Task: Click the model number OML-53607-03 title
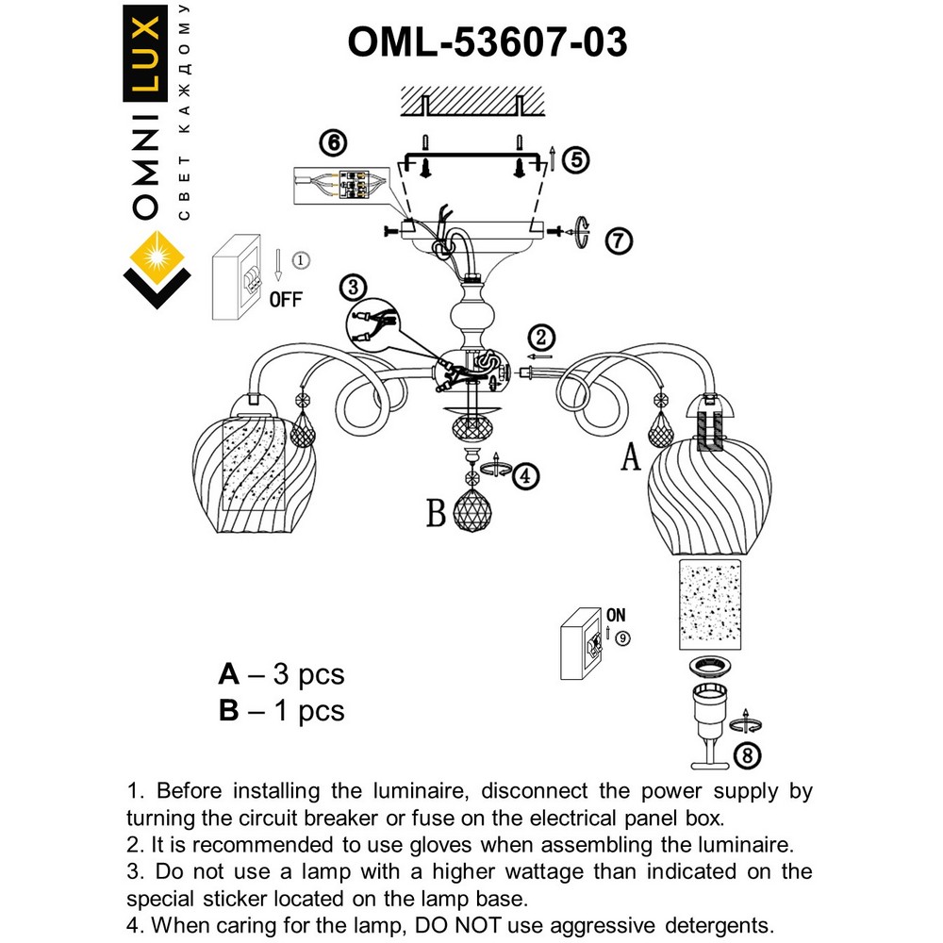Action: pos(487,41)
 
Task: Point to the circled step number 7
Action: pos(616,241)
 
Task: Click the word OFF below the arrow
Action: pos(286,301)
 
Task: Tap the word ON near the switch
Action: pos(616,615)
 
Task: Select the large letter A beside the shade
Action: pos(630,459)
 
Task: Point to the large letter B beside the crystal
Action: pos(435,514)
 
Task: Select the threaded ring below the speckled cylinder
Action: pos(714,668)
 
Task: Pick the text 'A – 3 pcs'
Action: pos(281,675)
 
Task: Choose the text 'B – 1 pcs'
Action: pos(281,711)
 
